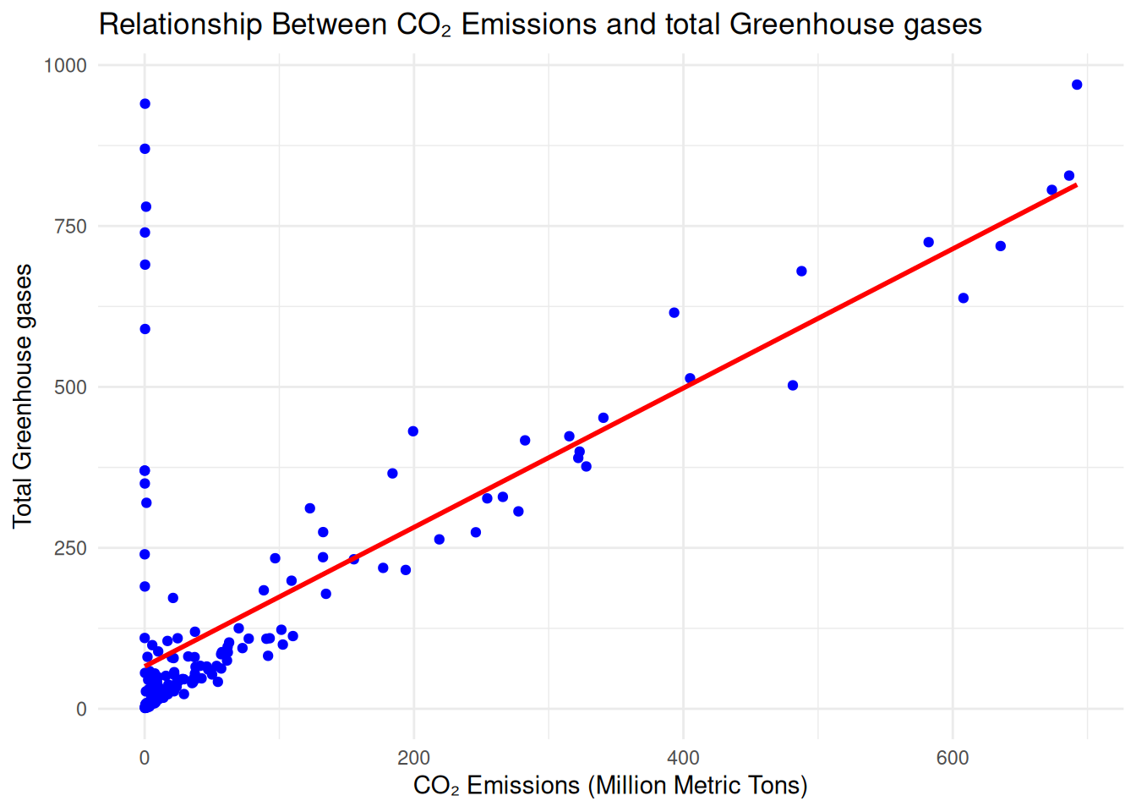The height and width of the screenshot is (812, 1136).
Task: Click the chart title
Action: tap(540, 25)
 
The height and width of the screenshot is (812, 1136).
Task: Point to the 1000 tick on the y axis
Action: tap(65, 66)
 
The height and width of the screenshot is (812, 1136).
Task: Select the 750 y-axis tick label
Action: tap(70, 227)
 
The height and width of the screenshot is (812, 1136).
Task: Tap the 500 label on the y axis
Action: tap(70, 387)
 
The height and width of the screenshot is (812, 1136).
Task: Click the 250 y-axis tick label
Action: tap(70, 548)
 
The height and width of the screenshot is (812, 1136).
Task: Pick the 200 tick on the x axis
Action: tap(413, 758)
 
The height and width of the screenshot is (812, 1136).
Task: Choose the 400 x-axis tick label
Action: tap(683, 758)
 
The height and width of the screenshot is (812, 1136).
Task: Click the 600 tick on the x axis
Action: tap(953, 758)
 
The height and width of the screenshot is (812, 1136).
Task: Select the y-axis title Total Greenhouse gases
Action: tap(23, 396)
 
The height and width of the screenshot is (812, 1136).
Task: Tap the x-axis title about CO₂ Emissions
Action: tap(610, 786)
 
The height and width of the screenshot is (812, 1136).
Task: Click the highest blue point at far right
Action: tap(1077, 85)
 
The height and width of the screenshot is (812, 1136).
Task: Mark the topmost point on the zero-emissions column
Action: tap(145, 104)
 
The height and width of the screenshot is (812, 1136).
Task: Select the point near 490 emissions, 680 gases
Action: tap(801, 272)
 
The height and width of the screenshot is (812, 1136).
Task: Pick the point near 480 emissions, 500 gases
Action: tap(793, 386)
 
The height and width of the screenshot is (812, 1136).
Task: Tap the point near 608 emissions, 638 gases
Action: tap(964, 298)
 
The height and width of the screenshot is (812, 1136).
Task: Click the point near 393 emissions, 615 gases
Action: tap(674, 313)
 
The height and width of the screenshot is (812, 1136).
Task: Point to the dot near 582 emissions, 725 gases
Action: tap(928, 243)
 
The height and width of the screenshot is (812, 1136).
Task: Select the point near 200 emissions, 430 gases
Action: tap(413, 431)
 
